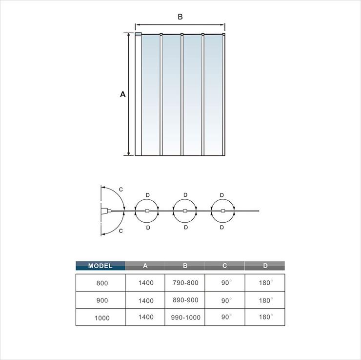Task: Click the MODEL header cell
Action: [100, 266]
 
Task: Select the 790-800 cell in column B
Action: [185, 282]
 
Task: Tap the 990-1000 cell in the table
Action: [185, 318]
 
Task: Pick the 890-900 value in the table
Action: [185, 300]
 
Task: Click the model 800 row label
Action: [102, 283]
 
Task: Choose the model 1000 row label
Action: [102, 318]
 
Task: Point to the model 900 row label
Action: [102, 300]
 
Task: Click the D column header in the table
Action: [265, 266]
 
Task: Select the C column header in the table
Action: [225, 266]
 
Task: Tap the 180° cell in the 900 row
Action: [266, 300]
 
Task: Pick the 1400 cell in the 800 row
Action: [146, 282]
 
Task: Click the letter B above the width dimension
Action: [180, 17]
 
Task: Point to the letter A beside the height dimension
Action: [123, 94]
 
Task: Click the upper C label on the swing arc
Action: [121, 190]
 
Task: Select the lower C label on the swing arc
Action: [121, 231]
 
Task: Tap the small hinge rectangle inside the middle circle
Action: [185, 211]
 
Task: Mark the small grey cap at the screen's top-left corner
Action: [138, 34]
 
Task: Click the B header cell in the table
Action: [185, 266]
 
